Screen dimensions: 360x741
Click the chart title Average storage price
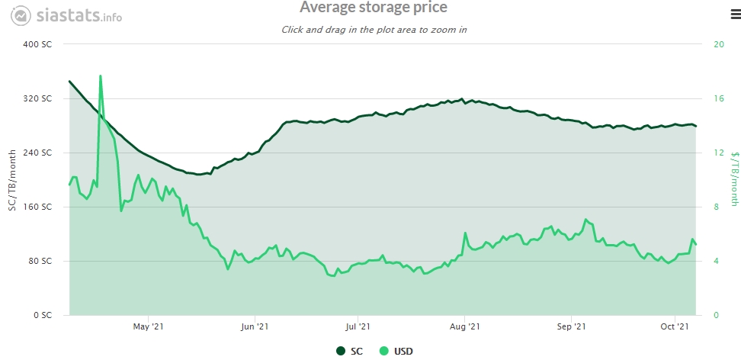pos(373,8)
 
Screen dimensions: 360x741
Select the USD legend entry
pos(398,350)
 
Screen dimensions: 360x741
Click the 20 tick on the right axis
pos(717,44)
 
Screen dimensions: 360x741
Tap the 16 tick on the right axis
pos(717,98)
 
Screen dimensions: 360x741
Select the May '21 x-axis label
pos(149,327)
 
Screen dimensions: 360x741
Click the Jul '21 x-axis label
pos(358,327)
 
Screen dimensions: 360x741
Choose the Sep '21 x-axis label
pos(570,327)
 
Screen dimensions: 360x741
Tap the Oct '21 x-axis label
pos(674,327)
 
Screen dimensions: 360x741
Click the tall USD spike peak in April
pos(101,76)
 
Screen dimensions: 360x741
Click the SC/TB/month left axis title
pos(11,180)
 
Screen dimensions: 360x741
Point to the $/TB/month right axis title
pos(734,178)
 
